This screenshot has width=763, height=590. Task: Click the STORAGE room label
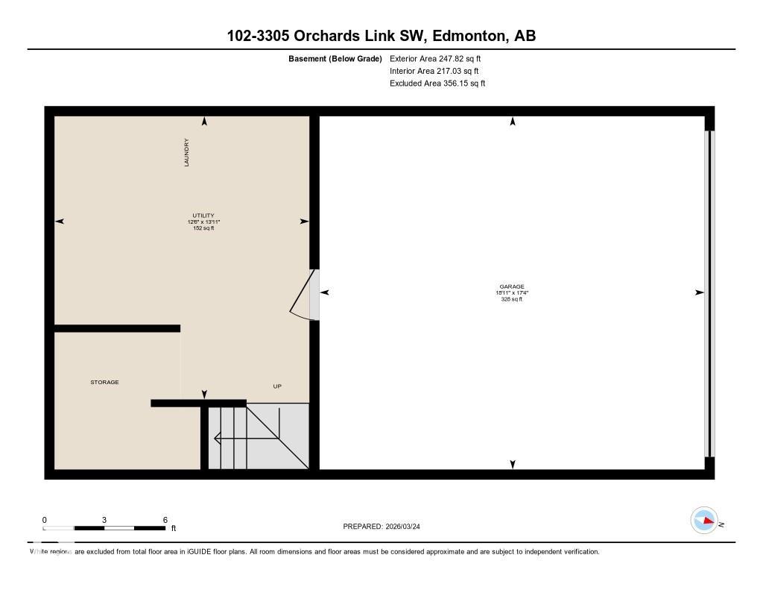point(104,382)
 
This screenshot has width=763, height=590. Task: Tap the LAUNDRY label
point(187,152)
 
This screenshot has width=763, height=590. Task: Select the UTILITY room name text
point(203,216)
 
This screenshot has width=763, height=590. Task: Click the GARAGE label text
point(512,286)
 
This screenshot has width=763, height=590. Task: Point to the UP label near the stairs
point(277,386)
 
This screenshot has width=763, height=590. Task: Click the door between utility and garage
point(305,294)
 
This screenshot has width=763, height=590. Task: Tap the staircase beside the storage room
point(258,437)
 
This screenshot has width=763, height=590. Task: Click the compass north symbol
point(704,521)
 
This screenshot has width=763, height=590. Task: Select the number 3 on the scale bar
point(104,520)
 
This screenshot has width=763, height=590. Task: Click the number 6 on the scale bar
point(165,520)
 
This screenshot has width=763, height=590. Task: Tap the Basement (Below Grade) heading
point(335,58)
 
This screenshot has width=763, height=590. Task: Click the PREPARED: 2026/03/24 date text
point(386,527)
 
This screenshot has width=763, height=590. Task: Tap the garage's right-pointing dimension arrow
point(700,292)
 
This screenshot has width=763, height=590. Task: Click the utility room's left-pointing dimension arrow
point(60,221)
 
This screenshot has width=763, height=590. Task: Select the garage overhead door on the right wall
point(709,293)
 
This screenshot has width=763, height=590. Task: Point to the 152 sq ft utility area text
point(203,228)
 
